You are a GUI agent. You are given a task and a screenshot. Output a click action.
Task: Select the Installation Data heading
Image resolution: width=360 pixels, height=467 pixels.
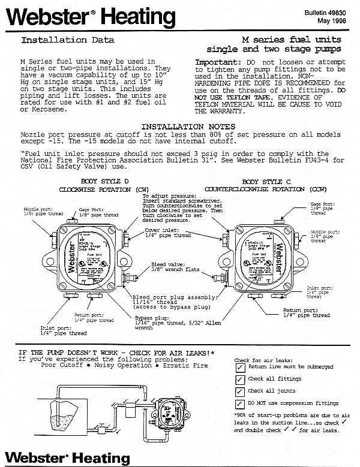pyautogui.click(x=68, y=41)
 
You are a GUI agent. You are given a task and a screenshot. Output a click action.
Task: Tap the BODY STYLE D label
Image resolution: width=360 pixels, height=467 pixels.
pyautogui.click(x=98, y=181)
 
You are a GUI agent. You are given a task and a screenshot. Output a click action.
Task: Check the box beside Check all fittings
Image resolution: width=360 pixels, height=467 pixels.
pyautogui.click(x=240, y=379)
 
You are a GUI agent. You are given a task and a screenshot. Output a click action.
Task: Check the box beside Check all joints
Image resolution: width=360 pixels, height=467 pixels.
pyautogui.click(x=240, y=391)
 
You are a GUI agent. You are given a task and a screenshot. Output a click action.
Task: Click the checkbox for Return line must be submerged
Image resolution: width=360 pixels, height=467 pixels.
pyautogui.click(x=240, y=366)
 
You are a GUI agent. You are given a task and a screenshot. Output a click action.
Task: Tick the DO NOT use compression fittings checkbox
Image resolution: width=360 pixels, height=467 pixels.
pyautogui.click(x=240, y=403)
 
